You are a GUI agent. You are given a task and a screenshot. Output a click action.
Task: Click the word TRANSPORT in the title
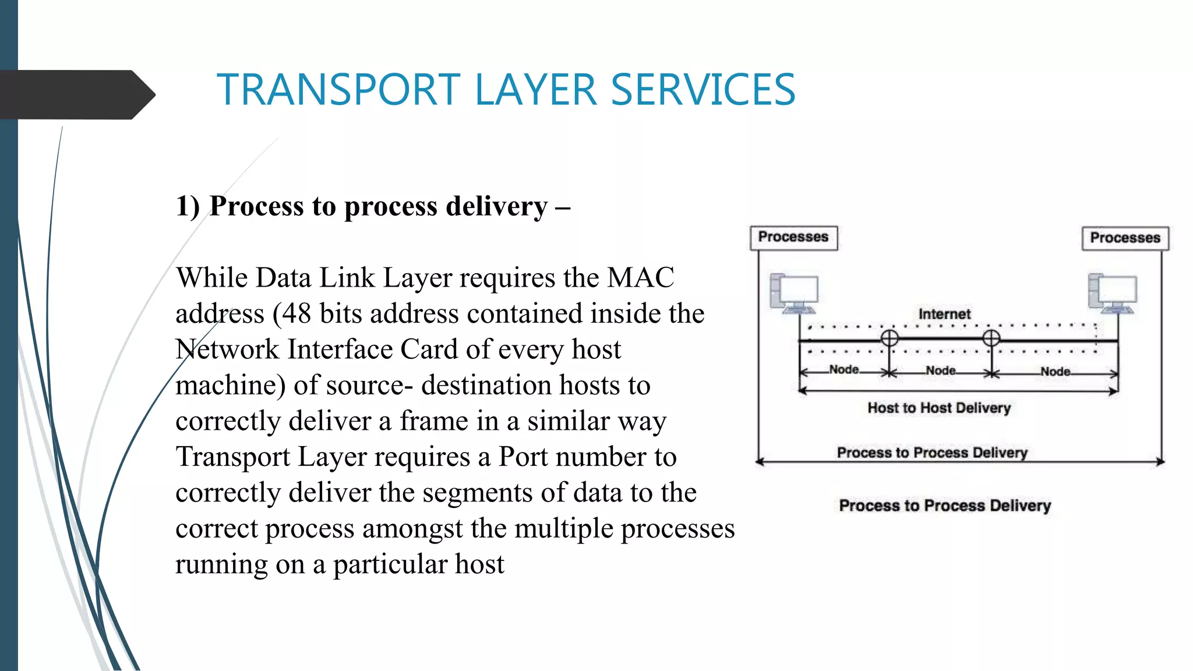(x=338, y=90)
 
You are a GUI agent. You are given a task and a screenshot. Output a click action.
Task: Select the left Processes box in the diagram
(x=793, y=238)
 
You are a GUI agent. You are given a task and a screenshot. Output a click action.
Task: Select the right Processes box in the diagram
(x=1125, y=238)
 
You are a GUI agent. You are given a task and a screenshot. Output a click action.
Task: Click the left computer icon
(x=794, y=293)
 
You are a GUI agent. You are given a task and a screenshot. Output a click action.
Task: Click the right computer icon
(x=1112, y=293)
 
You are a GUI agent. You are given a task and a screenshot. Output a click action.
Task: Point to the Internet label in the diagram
(x=944, y=314)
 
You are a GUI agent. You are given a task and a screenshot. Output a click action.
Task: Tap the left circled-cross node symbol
(x=889, y=338)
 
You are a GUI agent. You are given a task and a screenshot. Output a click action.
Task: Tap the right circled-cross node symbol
(x=991, y=338)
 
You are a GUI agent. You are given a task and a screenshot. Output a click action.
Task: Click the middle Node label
(x=940, y=370)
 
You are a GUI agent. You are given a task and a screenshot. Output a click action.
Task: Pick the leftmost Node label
(x=843, y=369)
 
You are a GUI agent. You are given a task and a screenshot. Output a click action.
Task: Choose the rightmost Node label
(x=1055, y=371)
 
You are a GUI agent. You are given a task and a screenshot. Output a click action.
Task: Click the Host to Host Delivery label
(x=939, y=408)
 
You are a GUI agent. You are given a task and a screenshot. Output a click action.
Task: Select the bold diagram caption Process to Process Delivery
(x=945, y=505)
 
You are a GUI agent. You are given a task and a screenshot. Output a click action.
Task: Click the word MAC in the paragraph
(x=640, y=278)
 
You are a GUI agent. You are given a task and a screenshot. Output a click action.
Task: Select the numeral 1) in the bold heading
(x=188, y=207)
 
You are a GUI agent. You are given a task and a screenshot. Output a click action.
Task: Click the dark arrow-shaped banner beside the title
(x=76, y=94)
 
